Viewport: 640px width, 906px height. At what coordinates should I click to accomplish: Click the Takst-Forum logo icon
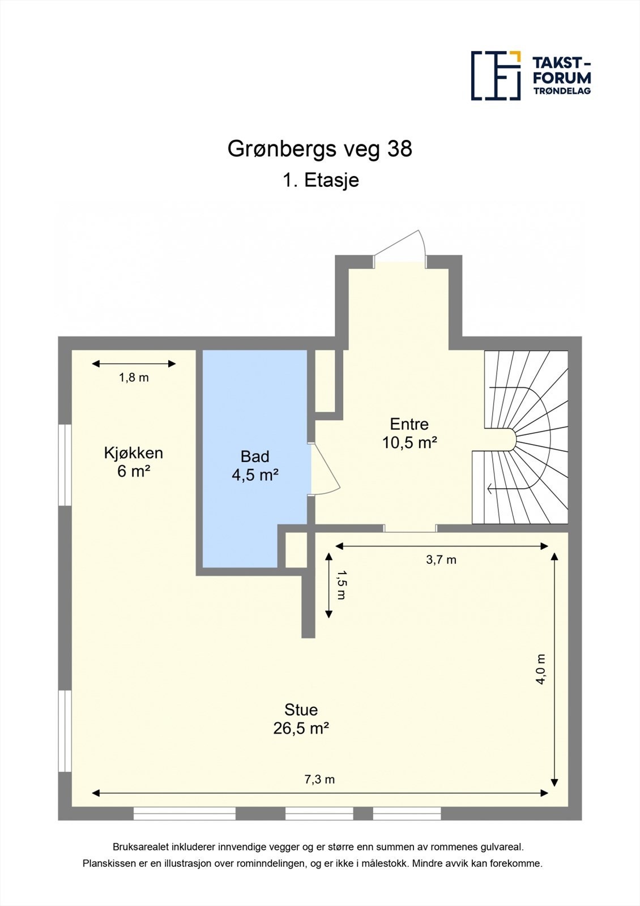pos(496,75)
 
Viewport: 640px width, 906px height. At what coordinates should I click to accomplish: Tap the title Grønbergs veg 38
pos(319,149)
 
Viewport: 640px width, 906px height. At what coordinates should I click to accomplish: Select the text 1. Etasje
pos(321,180)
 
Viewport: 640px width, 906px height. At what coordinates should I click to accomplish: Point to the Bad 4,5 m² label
pos(255,465)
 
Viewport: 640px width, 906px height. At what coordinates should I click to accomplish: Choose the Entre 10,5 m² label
pos(409,433)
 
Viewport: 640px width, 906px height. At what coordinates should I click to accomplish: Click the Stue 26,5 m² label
pos(301,719)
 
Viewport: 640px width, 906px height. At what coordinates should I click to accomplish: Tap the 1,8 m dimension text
pos(134,378)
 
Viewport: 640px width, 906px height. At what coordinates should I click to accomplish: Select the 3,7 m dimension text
pos(441,560)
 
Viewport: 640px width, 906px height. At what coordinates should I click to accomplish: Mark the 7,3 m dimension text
pos(319,780)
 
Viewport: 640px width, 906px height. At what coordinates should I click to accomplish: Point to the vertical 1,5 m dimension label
pos(340,585)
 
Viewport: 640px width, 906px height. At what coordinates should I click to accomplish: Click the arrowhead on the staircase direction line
pos(489,487)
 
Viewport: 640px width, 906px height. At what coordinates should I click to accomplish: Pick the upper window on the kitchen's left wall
pos(66,464)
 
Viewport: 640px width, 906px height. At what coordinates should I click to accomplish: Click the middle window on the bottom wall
pos(319,814)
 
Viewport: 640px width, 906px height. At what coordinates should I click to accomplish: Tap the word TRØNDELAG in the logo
pos(562,91)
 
